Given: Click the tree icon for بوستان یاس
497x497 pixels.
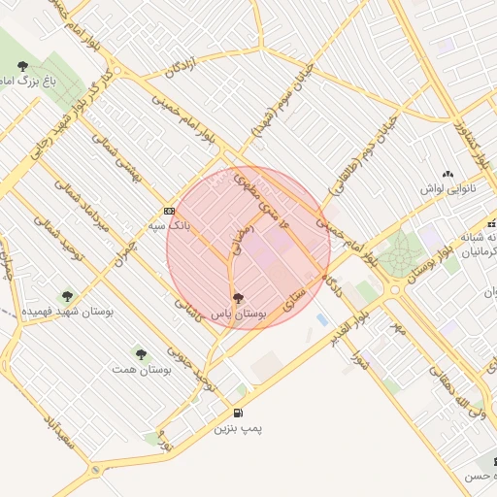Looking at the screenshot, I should [x=239, y=298].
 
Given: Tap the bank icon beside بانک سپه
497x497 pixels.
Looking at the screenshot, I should [x=169, y=211].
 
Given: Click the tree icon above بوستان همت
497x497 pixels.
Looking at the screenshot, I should [x=141, y=355].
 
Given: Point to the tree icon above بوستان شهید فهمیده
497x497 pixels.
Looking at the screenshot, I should [x=67, y=296].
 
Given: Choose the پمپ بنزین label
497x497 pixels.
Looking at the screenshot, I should [x=239, y=427].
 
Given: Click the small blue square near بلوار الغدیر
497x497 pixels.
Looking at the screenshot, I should [x=322, y=319].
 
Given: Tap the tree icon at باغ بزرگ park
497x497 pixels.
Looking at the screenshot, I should [x=22, y=66].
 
